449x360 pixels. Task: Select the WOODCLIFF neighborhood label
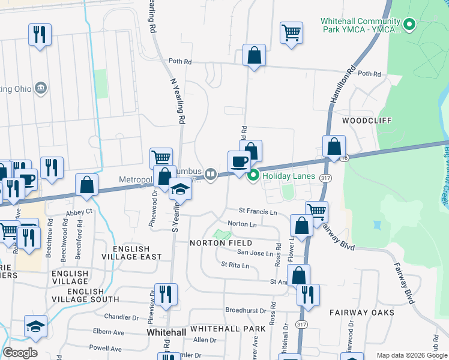[x=367, y=121]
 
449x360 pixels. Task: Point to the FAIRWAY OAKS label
[x=362, y=313]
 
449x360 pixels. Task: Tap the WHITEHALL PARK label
[x=228, y=329]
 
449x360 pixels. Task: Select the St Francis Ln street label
[x=258, y=212]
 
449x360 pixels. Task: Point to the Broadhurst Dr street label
[x=246, y=310]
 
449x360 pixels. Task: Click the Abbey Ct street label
[x=80, y=211]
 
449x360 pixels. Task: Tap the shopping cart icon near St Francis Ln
[x=316, y=211]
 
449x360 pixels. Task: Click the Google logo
[x=20, y=353]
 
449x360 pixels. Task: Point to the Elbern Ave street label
[x=109, y=331]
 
